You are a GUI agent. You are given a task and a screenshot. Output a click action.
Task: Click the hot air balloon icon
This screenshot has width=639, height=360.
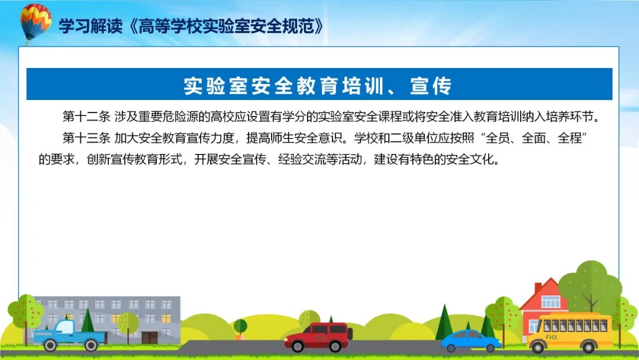pyautogui.click(x=35, y=24)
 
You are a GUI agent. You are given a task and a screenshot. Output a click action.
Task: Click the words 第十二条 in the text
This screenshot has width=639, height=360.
pyautogui.click(x=86, y=117)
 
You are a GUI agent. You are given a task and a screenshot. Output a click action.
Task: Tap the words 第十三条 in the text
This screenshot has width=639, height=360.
pyautogui.click(x=86, y=138)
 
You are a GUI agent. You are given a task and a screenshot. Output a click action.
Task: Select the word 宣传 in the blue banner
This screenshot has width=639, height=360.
pyautogui.click(x=431, y=86)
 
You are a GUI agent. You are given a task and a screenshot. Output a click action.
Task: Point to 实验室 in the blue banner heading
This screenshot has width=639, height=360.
pyautogui.click(x=215, y=86)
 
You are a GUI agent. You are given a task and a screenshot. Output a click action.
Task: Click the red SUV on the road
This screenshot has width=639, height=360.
pyautogui.click(x=318, y=337)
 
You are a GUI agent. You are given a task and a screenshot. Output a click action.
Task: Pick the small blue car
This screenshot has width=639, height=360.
pyautogui.click(x=471, y=341)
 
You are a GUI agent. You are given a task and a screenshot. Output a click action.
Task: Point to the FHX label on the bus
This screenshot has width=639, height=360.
pyautogui.click(x=551, y=337)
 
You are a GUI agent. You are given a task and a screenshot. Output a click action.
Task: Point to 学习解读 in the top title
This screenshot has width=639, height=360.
pyautogui.click(x=91, y=26)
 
